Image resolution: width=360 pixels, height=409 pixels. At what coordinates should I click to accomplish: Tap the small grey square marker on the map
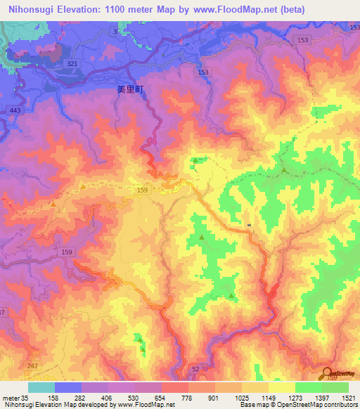(x=249, y=226)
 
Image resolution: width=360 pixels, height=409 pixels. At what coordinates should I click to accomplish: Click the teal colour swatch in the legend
(x=41, y=387)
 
